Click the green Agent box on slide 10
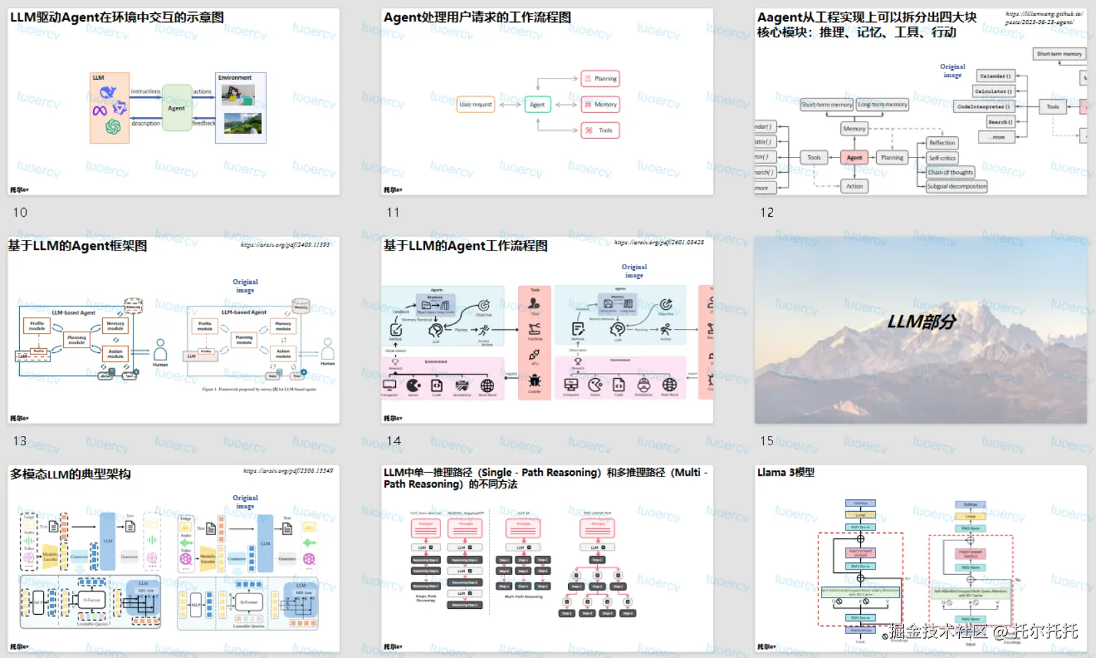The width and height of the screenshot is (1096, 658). coord(176,108)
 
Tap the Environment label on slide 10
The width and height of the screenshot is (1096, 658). coord(235,78)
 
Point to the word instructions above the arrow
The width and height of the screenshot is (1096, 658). coord(145,92)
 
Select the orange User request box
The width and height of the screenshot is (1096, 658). coord(476,104)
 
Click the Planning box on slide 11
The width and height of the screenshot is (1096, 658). coord(600,78)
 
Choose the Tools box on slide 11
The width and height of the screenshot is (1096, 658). coord(600,130)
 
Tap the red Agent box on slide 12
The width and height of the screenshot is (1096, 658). coord(854,158)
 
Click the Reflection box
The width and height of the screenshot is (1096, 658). coord(942,143)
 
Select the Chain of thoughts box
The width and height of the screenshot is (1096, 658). coord(950,172)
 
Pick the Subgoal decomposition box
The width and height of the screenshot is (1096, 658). coord(957,187)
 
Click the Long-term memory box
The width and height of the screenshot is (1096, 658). coord(882,104)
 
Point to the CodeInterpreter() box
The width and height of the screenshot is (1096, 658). coord(984,106)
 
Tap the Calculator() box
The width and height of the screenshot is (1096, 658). coord(994,91)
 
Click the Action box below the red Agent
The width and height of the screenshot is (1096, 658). coord(854,186)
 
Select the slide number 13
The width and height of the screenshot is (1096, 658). coord(20,441)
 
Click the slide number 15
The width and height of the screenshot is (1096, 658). coord(767,441)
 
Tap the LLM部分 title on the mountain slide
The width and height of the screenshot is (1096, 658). coord(921,322)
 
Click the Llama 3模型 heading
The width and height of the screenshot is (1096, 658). coord(786,473)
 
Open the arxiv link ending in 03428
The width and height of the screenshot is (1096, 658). coord(659,243)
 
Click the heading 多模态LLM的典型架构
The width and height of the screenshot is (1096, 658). coord(70,475)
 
